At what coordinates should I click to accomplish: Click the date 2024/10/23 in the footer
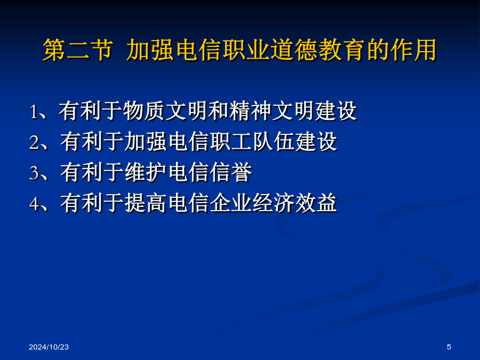pyautogui.click(x=49, y=347)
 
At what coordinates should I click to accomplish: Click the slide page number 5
pyautogui.click(x=449, y=347)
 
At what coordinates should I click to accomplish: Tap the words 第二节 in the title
pyautogui.click(x=78, y=50)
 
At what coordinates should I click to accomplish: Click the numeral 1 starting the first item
pyautogui.click(x=33, y=112)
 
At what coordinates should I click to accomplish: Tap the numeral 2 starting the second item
pyautogui.click(x=34, y=142)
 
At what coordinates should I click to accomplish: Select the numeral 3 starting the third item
pyautogui.click(x=34, y=173)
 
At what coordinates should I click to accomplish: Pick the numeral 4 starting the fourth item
pyautogui.click(x=34, y=203)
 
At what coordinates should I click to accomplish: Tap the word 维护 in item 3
pyautogui.click(x=146, y=172)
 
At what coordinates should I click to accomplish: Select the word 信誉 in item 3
pyautogui.click(x=231, y=172)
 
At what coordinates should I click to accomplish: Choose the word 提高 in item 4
pyautogui.click(x=146, y=203)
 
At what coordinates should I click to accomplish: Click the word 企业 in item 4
pyautogui.click(x=231, y=203)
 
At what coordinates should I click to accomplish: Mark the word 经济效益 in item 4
pyautogui.click(x=294, y=203)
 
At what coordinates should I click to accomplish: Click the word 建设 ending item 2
pyautogui.click(x=316, y=141)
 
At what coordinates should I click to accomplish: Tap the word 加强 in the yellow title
pyautogui.click(x=150, y=50)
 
